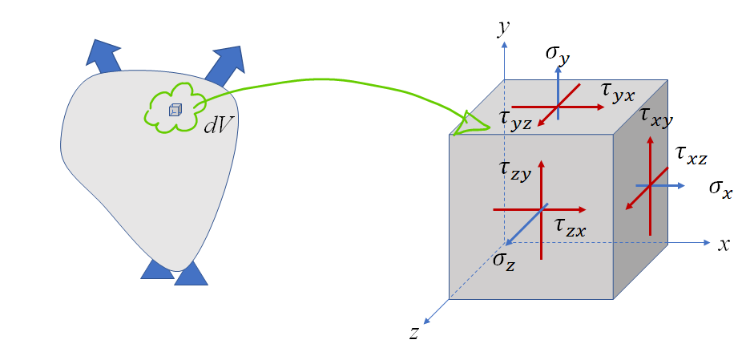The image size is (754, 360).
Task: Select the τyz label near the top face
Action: [518, 119]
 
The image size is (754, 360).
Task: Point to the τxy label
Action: [656, 117]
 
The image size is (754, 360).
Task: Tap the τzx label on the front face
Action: [570, 228]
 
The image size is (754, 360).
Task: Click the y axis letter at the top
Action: [504, 29]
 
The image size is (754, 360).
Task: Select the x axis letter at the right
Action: [723, 245]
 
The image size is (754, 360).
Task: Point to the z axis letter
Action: [414, 333]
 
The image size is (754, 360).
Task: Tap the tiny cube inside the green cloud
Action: [175, 109]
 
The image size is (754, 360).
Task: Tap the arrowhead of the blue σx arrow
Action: [680, 185]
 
